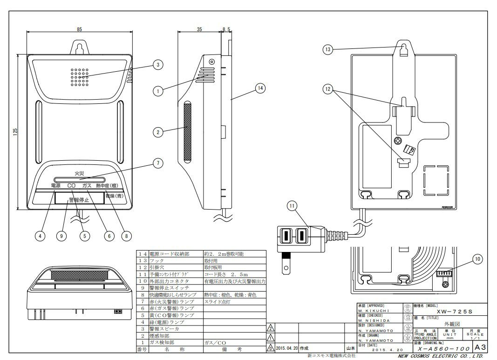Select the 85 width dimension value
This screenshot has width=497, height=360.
point(79,29)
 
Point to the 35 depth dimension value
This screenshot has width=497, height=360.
point(199,29)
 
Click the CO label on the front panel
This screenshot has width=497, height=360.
point(71,186)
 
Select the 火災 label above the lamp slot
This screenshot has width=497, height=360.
point(79,174)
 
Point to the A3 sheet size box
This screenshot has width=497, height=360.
point(478,347)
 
